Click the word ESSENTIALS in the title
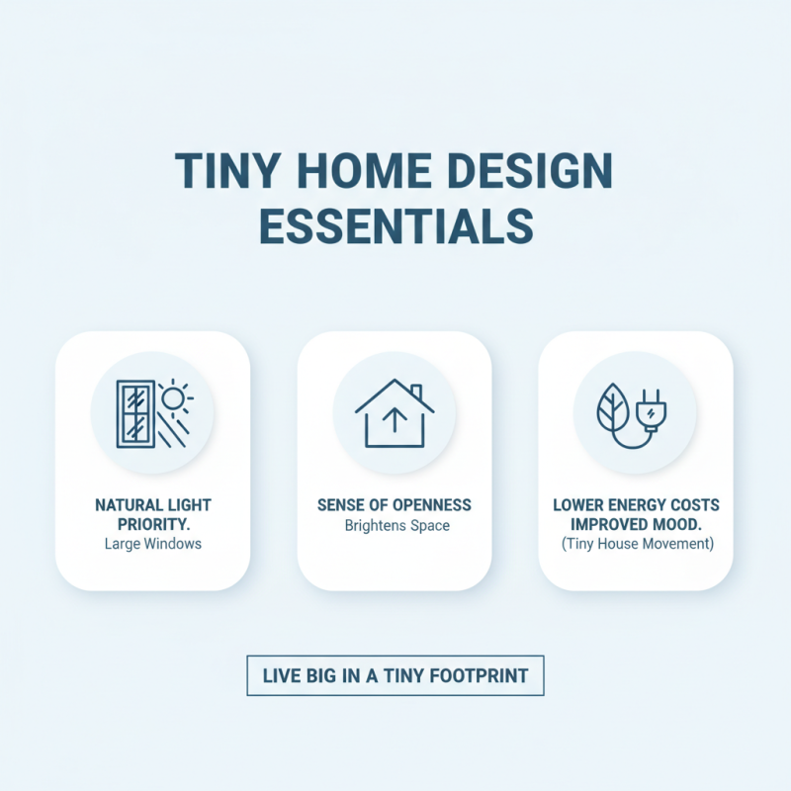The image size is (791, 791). [x=395, y=224]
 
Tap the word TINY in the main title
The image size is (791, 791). [x=220, y=172]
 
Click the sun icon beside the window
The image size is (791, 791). [x=174, y=397]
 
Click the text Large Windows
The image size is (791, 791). [x=152, y=544]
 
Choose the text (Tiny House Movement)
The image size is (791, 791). [x=635, y=544]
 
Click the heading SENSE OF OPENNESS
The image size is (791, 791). [x=395, y=505]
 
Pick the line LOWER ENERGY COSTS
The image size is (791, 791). [x=635, y=505]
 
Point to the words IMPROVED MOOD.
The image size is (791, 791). [x=635, y=524]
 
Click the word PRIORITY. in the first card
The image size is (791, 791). [x=153, y=524]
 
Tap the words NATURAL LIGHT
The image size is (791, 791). [x=153, y=505]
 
